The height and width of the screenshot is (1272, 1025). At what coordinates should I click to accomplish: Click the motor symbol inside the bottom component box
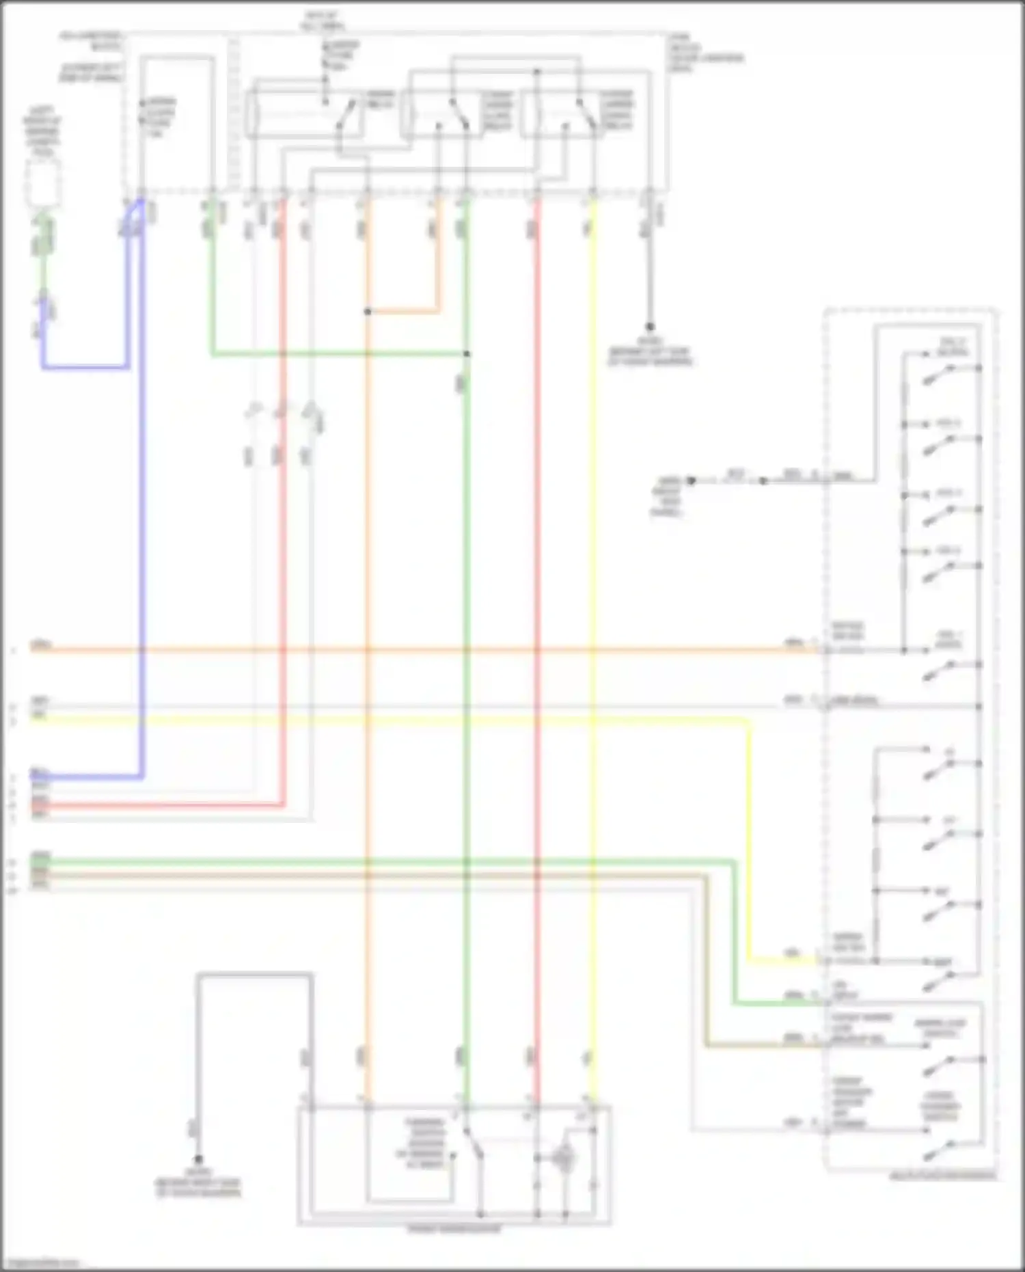(564, 1158)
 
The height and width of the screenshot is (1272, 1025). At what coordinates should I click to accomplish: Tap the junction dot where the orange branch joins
(367, 312)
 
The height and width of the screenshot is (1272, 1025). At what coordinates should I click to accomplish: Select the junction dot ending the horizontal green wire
(467, 354)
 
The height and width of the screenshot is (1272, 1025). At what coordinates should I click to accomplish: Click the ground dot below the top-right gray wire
(649, 327)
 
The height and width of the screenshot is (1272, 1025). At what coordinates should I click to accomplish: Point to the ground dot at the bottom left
(198, 1160)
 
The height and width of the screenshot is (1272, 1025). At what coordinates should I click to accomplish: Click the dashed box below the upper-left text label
(42, 183)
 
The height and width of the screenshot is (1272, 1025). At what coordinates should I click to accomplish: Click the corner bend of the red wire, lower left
(283, 805)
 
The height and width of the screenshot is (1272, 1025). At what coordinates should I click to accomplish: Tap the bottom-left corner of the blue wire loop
(44, 367)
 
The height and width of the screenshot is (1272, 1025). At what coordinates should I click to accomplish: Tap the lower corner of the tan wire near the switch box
(707, 1045)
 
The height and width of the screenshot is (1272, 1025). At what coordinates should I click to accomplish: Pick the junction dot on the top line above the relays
(537, 71)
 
